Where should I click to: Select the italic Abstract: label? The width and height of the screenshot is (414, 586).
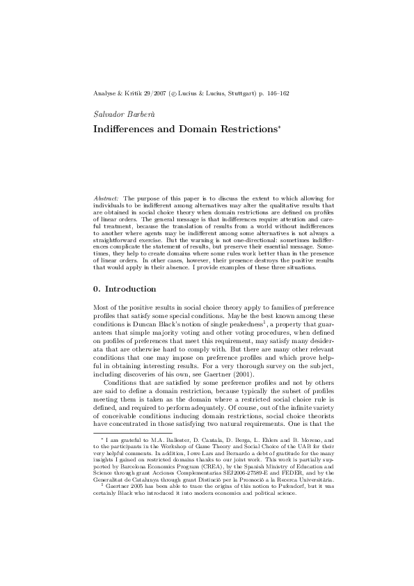(106, 198)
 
